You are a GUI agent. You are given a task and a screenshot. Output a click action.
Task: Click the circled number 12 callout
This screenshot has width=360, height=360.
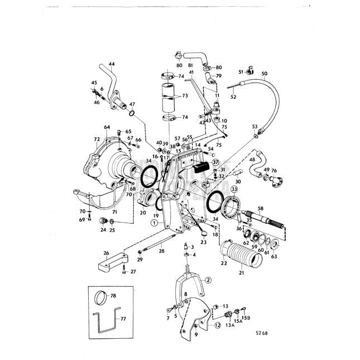tap(217, 326)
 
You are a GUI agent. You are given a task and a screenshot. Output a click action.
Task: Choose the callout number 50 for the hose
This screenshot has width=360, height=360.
tap(265, 73)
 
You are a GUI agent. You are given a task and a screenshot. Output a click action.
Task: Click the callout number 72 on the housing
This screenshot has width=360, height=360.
tap(97, 138)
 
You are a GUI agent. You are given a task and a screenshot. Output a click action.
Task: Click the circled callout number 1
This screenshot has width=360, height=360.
tap(152, 223)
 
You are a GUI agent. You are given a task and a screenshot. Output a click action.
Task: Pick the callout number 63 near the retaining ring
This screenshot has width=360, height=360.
tap(273, 257)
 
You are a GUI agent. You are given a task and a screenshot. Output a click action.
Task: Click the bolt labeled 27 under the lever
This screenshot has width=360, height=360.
tap(124, 271)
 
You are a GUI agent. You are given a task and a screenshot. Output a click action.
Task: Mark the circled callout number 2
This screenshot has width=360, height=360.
tap(208, 280)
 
